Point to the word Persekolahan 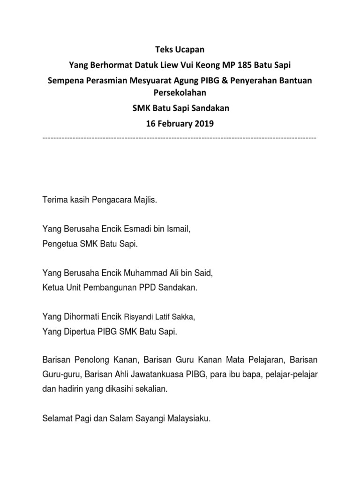point(180,93)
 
